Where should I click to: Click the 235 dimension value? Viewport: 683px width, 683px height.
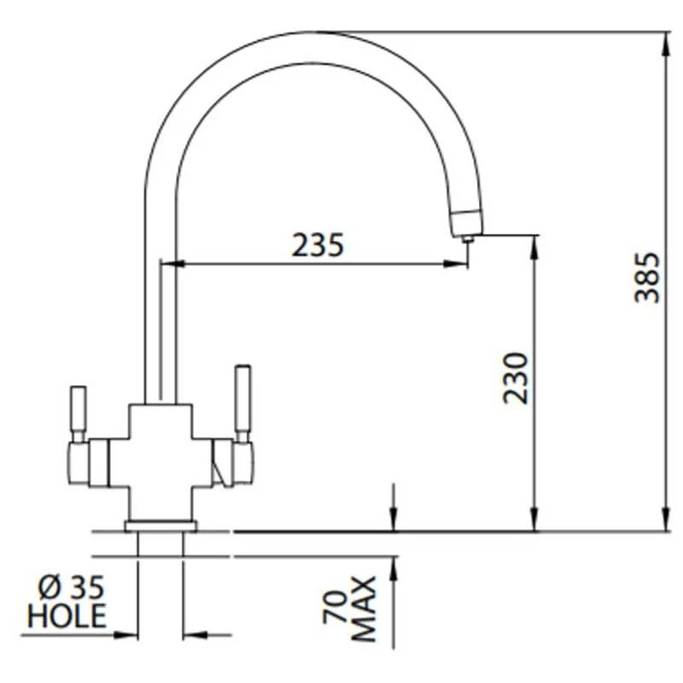click(x=318, y=245)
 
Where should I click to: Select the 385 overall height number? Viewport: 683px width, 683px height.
click(x=647, y=277)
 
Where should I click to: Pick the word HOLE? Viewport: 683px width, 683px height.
click(x=67, y=616)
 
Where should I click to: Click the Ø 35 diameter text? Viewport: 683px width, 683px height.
click(x=72, y=587)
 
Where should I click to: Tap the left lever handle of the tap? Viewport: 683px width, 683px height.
click(x=79, y=410)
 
